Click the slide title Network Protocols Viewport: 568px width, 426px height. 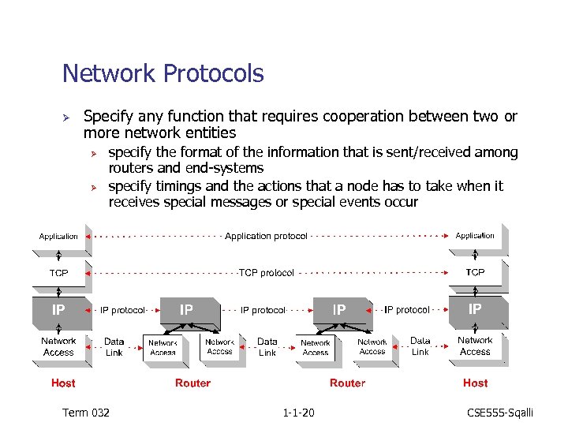163,74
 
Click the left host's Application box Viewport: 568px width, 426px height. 59,236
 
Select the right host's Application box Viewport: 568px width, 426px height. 475,235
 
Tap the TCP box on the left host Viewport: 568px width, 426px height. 59,273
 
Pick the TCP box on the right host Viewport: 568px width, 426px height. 475,272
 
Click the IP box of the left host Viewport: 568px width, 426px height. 58,310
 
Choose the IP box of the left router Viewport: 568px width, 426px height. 186,310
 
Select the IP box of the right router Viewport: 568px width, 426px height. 339,310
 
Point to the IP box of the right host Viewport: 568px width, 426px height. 475,309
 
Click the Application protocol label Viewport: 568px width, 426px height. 266,236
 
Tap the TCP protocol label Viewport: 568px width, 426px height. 267,273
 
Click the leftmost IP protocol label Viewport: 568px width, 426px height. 122,310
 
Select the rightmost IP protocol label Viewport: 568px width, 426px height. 407,310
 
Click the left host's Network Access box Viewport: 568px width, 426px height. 59,347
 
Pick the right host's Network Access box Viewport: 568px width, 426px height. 475,346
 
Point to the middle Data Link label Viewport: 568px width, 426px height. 267,347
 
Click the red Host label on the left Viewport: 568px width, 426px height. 63,383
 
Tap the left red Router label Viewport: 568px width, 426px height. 193,383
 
